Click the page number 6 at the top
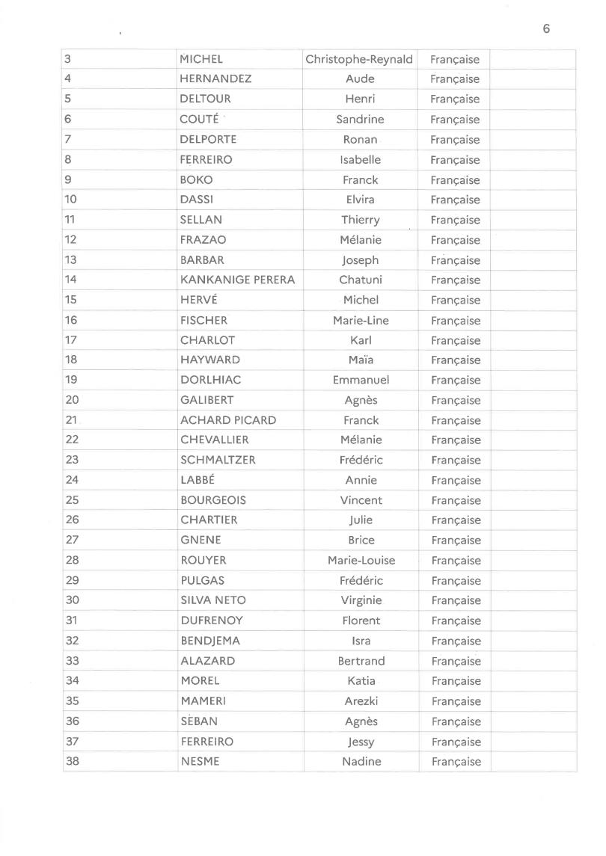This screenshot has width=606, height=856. click(x=546, y=29)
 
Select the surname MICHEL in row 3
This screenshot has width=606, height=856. click(x=201, y=59)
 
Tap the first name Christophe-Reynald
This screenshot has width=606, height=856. click(x=359, y=59)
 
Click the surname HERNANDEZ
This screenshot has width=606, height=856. click(x=215, y=79)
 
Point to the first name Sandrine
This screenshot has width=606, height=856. click(x=360, y=120)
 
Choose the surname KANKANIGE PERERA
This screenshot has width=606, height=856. click(x=237, y=280)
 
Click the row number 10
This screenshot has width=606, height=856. click(x=71, y=200)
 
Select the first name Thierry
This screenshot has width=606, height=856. click(x=361, y=220)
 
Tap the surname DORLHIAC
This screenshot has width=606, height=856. click(x=210, y=381)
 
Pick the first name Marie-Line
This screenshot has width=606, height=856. click(x=361, y=321)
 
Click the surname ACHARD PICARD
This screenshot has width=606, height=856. click(x=228, y=420)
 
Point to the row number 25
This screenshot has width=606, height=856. click(x=72, y=500)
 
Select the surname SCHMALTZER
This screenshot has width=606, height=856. click(x=218, y=461)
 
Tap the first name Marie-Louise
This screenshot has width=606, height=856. click(x=361, y=561)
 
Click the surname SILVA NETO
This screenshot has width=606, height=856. click(x=212, y=600)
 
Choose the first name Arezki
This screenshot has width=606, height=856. click(x=361, y=701)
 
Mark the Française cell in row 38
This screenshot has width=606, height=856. click(x=456, y=762)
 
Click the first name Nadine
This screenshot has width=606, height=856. click(x=361, y=762)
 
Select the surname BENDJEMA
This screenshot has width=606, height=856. click(x=210, y=641)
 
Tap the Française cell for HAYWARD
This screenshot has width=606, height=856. click(x=456, y=360)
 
